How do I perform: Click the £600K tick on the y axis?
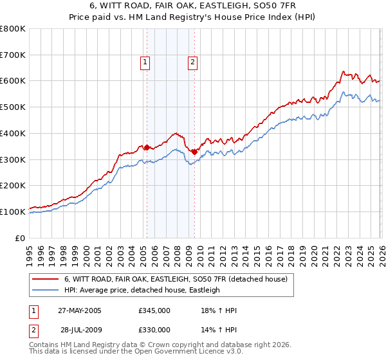tap(13, 81)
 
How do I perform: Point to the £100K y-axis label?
tap(13, 212)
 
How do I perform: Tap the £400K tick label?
tap(13, 133)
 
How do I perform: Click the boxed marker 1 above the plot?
tap(145, 62)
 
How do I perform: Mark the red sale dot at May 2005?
tap(147, 147)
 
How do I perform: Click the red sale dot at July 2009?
tap(194, 152)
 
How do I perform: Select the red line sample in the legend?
tap(46, 279)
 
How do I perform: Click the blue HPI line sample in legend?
tap(46, 290)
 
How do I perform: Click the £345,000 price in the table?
tap(154, 310)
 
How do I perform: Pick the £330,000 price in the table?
tap(154, 329)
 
